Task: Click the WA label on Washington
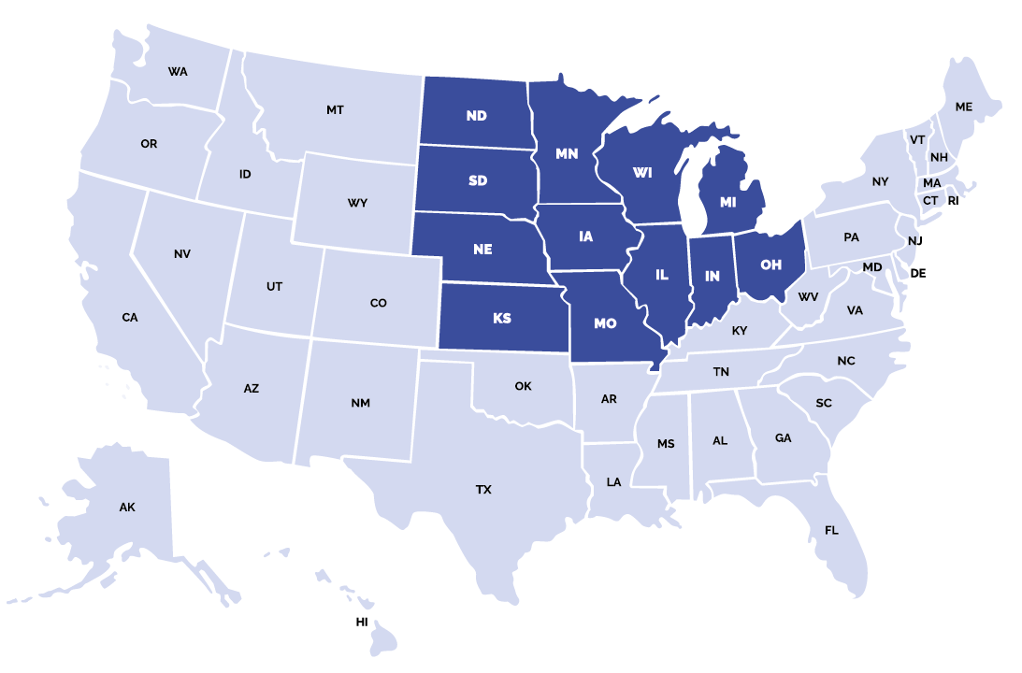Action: click(178, 72)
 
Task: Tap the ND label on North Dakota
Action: click(477, 116)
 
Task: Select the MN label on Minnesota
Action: click(567, 154)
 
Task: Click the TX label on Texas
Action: click(483, 490)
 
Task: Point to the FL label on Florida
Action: click(831, 531)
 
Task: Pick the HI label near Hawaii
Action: click(362, 622)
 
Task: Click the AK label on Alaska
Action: click(127, 508)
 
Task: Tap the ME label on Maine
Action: click(963, 107)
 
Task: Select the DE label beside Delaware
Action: click(917, 274)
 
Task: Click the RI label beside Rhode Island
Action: click(953, 201)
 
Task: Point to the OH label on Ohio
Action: click(770, 265)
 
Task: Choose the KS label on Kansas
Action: click(502, 319)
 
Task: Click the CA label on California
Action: click(130, 318)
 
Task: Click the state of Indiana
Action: click(712, 285)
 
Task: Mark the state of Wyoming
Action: click(356, 201)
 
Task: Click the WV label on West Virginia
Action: click(808, 297)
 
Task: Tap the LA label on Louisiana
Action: click(613, 482)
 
